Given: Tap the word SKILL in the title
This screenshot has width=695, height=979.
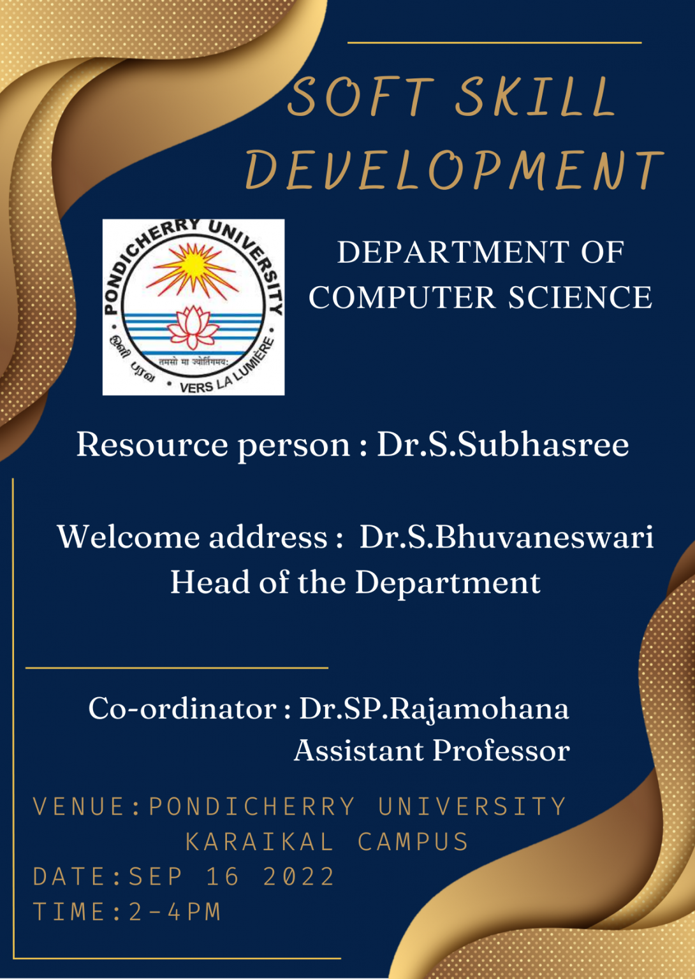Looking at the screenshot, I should pos(534,97).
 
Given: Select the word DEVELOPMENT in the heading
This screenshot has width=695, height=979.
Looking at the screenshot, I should pos(454,171).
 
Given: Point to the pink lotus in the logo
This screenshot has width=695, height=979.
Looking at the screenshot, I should pos(193,326).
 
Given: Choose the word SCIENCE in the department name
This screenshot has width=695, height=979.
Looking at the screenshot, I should pos(580,298).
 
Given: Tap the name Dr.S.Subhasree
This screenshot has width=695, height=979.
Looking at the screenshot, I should pos(502,444).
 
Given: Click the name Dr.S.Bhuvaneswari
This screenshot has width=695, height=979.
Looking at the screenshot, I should pos(506,537).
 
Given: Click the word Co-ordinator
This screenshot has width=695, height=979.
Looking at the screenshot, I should pos(182,708).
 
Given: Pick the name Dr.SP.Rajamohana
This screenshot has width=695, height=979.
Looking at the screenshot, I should pos(434,709).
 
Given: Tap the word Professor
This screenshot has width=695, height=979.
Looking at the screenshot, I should pos(501,751).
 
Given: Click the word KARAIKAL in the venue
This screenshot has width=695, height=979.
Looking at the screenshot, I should pos(260,842).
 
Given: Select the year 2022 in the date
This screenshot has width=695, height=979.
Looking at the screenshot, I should pos(298,877).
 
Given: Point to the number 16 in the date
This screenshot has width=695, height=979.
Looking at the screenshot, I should pos(222,877).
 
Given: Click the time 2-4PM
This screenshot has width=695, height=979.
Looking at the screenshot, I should pos(175,912).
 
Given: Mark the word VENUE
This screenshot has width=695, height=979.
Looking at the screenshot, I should pos(79,807).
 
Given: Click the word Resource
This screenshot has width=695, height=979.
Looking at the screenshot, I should pos(152,444).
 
